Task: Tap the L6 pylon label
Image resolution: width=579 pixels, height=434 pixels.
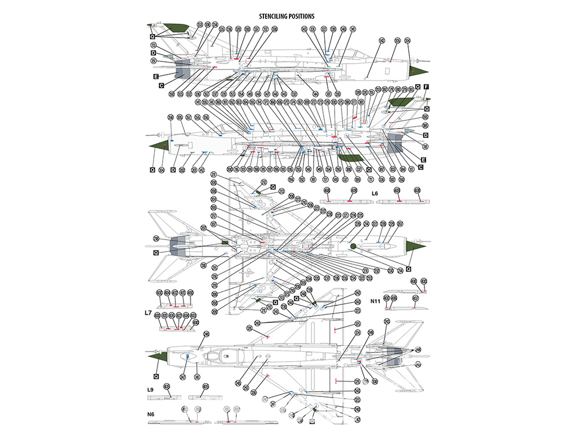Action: [375, 193]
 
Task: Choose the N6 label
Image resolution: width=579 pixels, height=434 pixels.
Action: [151, 414]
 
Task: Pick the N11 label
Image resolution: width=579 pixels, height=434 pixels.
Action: [376, 301]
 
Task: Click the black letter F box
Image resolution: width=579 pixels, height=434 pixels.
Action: [426, 87]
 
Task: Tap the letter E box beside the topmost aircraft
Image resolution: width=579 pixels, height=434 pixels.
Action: [156, 76]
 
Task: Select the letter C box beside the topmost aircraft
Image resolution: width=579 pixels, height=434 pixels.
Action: [162, 86]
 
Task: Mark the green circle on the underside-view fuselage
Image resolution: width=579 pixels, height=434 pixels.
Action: [353, 247]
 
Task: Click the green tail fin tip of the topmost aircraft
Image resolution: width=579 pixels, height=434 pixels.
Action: [174, 26]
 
